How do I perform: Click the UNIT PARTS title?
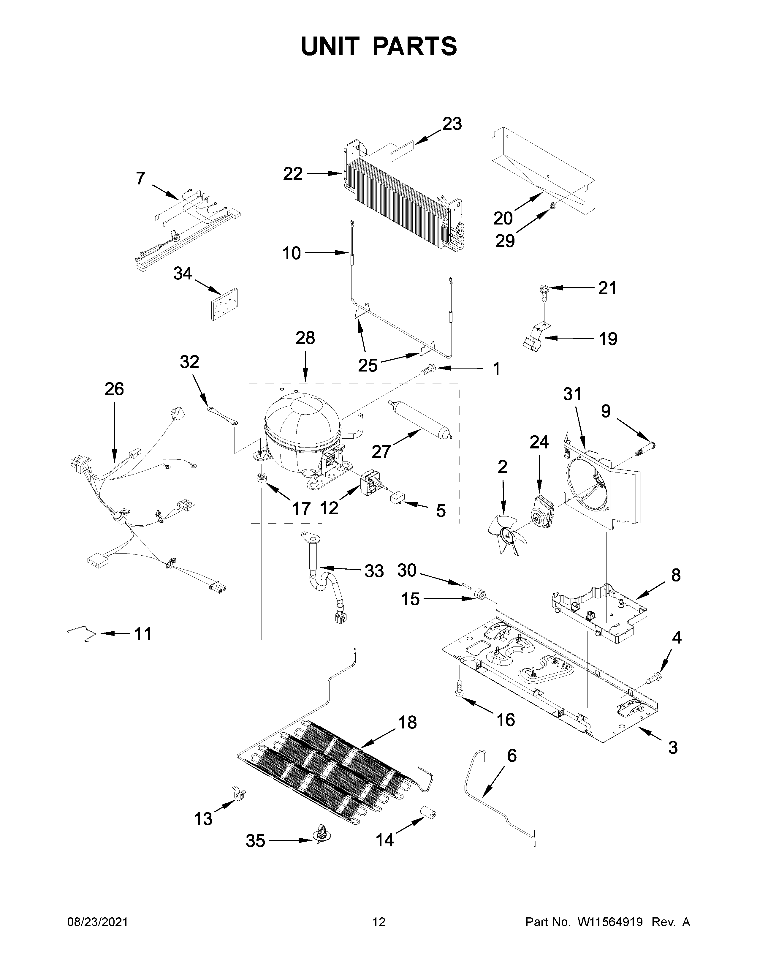tap(379, 46)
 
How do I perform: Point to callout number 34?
tap(183, 273)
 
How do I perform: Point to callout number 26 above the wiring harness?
tap(114, 389)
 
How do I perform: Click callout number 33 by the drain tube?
tap(373, 571)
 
